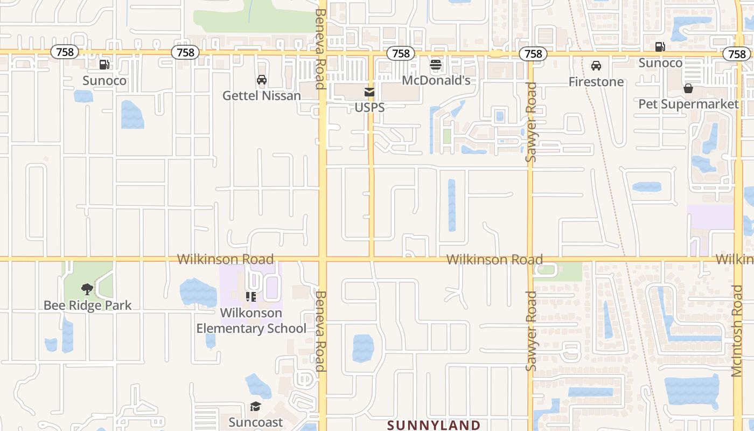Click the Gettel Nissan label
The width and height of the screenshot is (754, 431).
[x=262, y=96]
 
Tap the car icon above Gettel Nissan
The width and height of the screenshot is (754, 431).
[x=262, y=80]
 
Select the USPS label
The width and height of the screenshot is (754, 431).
[x=369, y=108]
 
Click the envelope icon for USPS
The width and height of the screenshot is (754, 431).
[x=369, y=93]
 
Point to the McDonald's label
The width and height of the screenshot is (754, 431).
[x=436, y=81]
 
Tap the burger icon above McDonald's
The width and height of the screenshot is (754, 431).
[x=436, y=65]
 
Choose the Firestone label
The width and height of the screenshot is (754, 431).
[x=596, y=82]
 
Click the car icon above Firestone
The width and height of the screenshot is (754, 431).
[x=596, y=66]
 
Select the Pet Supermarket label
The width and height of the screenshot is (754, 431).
[x=688, y=104]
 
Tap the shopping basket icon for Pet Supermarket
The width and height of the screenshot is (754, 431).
[x=688, y=88]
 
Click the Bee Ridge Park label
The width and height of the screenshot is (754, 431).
[x=88, y=305]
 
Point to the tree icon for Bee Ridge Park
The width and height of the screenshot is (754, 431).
[x=87, y=289]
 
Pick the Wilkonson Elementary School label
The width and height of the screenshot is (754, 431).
[x=251, y=321]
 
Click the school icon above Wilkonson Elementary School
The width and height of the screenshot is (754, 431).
[x=251, y=297]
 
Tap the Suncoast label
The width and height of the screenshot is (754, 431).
[x=255, y=422]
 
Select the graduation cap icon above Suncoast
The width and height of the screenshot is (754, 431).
[x=255, y=407]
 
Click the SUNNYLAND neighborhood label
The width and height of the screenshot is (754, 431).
[x=434, y=425]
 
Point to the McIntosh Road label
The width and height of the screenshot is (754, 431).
[x=737, y=331]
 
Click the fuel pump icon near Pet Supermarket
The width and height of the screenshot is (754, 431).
[x=660, y=47]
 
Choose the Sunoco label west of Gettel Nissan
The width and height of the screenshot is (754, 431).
[x=104, y=81]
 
